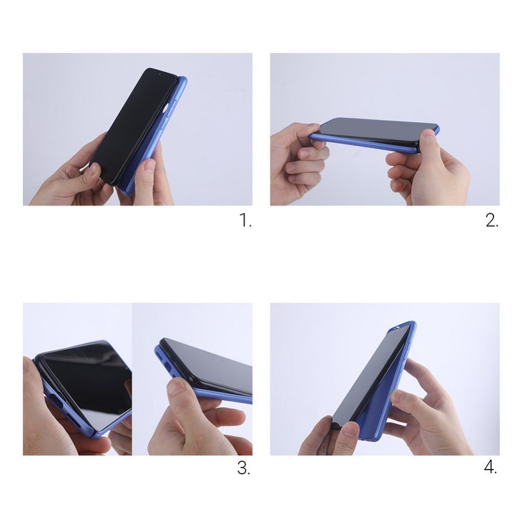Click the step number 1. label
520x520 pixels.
point(245,221)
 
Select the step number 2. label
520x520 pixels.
point(492,221)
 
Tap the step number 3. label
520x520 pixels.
point(244,468)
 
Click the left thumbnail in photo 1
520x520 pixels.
point(93,169)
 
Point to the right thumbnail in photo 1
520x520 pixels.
point(149,166)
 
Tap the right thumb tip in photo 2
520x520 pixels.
point(428,134)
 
